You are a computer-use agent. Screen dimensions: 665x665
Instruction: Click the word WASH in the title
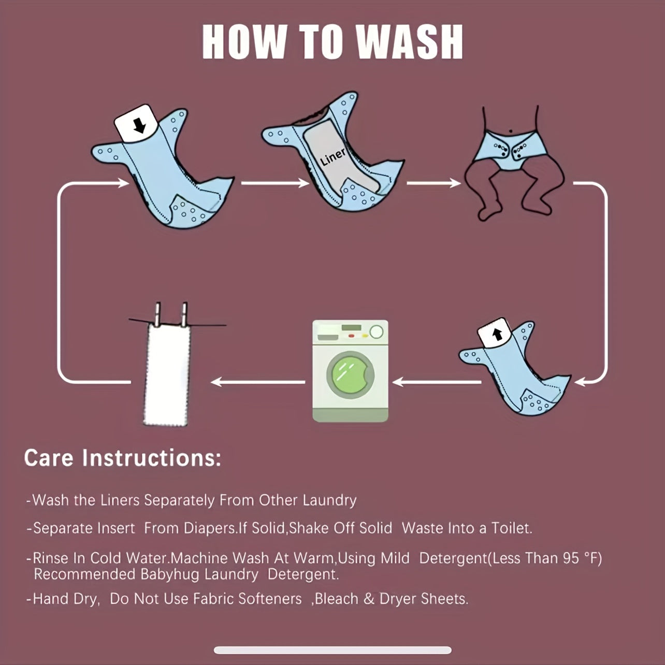pos(409,42)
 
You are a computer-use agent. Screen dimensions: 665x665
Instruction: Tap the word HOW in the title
pos(244,42)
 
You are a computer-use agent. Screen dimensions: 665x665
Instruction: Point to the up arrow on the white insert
pos(497,334)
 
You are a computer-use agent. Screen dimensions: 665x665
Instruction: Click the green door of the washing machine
pos(350,375)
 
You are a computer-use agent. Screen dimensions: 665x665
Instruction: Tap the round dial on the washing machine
pos(376,331)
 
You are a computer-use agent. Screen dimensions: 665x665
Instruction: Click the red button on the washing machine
pos(351,336)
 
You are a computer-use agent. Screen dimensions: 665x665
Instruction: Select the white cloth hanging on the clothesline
pos(167,374)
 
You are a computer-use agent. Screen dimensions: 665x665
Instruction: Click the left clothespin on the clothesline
pos(157,314)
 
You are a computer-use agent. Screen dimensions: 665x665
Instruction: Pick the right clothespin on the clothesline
pos(184,314)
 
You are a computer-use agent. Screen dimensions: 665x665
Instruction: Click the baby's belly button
pos(510,131)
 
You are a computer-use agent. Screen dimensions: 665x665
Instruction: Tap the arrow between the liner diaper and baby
pos(433,183)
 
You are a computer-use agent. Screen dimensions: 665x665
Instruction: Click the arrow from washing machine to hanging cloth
pos(258,382)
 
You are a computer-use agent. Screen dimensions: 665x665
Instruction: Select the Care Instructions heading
pos(123,458)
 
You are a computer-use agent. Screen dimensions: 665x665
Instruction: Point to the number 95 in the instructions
pos(570,558)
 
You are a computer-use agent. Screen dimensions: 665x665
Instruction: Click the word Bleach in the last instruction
pos(337,599)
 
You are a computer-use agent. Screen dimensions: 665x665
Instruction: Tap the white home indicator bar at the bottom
pos(332,650)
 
